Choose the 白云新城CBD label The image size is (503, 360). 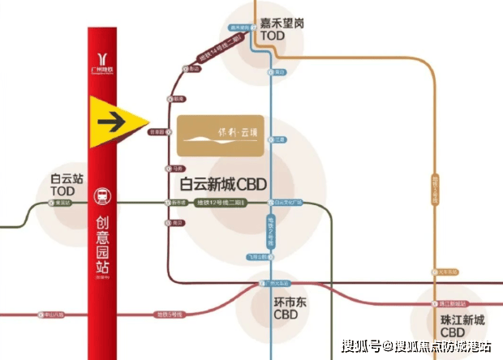(x=224, y=183)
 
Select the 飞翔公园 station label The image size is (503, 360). (x=257, y=258)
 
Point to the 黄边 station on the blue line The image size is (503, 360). (x=278, y=71)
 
